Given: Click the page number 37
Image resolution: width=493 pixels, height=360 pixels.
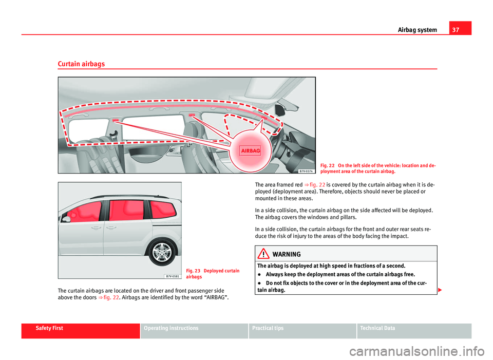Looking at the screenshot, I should (463, 29).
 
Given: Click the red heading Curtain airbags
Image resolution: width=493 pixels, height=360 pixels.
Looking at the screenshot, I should (81, 64).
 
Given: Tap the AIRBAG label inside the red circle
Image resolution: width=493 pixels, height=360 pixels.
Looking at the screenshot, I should (250, 150).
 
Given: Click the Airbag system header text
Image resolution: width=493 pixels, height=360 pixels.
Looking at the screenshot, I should (417, 30).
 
